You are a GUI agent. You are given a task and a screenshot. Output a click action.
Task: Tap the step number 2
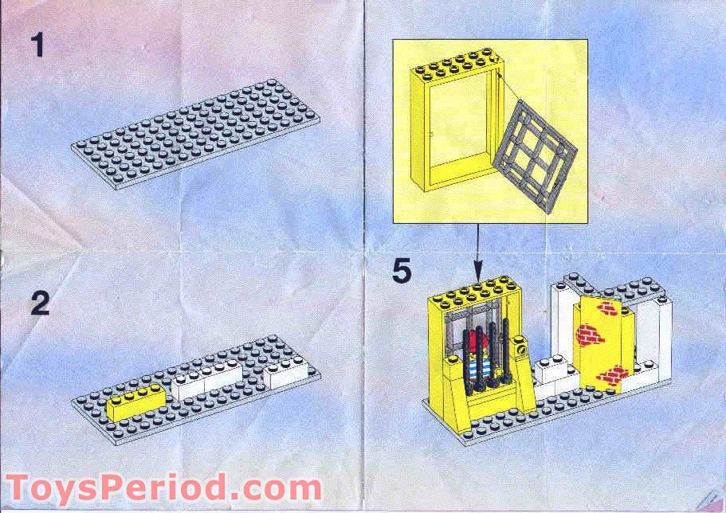click(x=40, y=303)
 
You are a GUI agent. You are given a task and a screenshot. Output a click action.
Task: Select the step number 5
click(x=402, y=271)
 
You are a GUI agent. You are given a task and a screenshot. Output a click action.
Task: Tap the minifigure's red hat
click(x=475, y=343)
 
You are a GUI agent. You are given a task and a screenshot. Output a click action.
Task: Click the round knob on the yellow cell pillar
click(x=521, y=347)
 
